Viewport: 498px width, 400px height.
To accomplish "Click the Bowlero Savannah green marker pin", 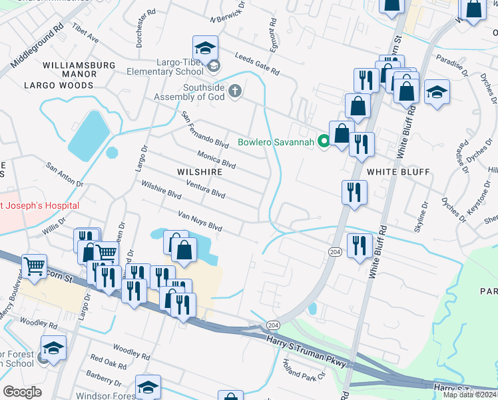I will point(324,141).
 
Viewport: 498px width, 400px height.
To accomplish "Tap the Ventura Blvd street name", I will point(206,189).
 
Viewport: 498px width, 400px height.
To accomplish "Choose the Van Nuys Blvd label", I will point(200,221).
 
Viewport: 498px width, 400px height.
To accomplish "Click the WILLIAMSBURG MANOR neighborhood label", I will point(78,65).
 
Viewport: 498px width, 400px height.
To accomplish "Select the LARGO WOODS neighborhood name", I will point(59,85).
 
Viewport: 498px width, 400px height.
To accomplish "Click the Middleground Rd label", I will point(37,47).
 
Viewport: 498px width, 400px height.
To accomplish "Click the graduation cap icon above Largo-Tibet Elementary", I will point(206,48).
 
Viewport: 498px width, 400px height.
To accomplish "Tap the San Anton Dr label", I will point(64,174).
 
